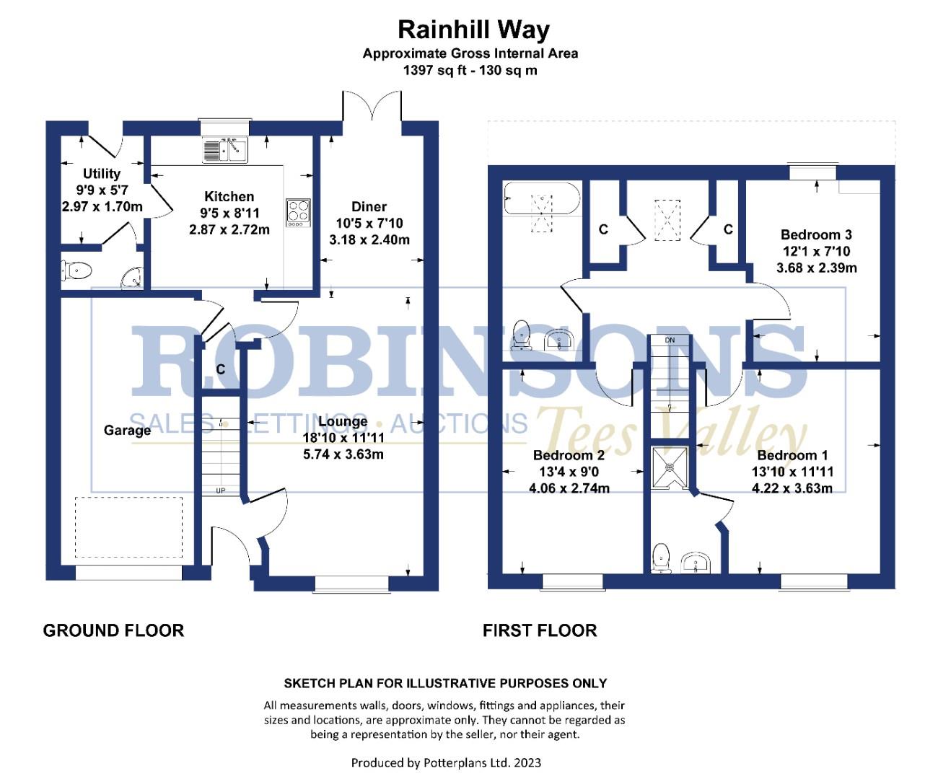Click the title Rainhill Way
pyautogui.click(x=473, y=30)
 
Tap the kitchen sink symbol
pyautogui.click(x=226, y=151)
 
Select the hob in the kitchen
pyautogui.click(x=299, y=212)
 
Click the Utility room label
pyautogui.click(x=102, y=174)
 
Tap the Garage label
pyautogui.click(x=127, y=431)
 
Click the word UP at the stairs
pyautogui.click(x=221, y=491)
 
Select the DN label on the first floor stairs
pyautogui.click(x=670, y=340)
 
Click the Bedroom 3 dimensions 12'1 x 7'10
pyautogui.click(x=816, y=252)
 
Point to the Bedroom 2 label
pyautogui.click(x=569, y=455)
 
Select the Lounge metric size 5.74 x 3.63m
pyautogui.click(x=343, y=454)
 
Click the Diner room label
pyautogui.click(x=369, y=207)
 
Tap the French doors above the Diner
pyautogui.click(x=372, y=108)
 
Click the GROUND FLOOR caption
pyautogui.click(x=113, y=630)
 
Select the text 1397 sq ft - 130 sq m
pyautogui.click(x=470, y=71)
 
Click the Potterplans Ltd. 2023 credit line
pyautogui.click(x=446, y=762)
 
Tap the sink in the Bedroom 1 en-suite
pyautogui.click(x=696, y=562)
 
